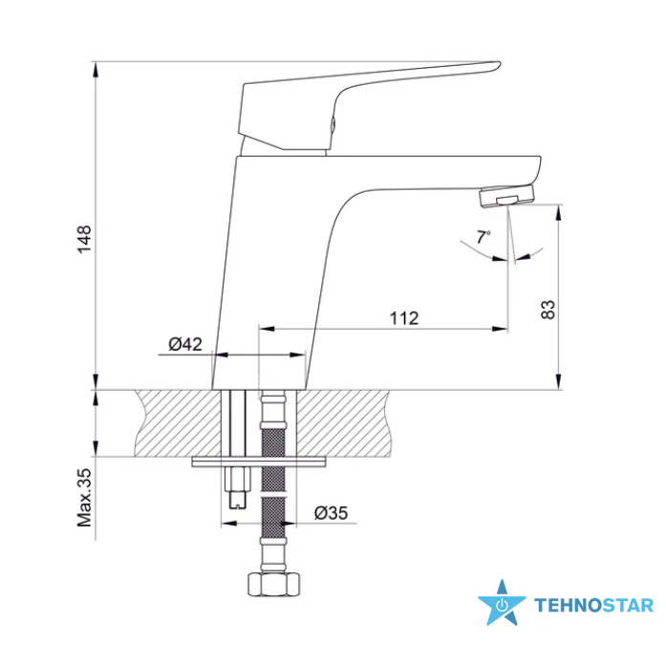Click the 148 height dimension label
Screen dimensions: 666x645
click(84, 240)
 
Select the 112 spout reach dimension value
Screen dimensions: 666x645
click(404, 318)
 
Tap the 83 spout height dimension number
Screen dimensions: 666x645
click(548, 310)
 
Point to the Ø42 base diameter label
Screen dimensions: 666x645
click(185, 344)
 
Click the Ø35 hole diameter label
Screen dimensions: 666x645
click(331, 513)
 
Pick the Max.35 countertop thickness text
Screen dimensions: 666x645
click(84, 498)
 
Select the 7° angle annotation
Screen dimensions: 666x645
click(483, 237)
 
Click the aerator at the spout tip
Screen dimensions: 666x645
click(506, 196)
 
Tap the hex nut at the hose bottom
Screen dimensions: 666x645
click(273, 585)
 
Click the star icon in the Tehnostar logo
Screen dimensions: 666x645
click(502, 603)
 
